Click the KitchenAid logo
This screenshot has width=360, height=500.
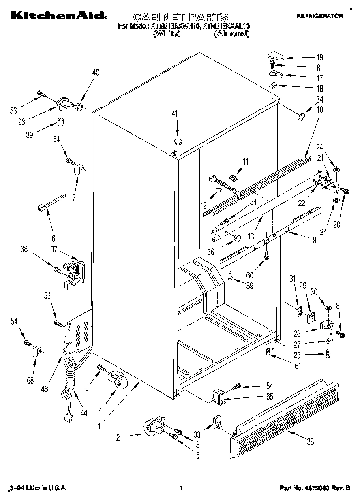click(59, 15)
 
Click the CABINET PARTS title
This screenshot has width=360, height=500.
click(180, 17)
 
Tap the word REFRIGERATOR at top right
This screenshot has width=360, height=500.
click(320, 16)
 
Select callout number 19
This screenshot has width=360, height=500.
click(320, 57)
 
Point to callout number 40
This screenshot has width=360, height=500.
click(96, 73)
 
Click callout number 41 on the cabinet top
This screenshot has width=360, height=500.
click(175, 114)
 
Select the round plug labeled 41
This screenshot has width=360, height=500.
click(178, 141)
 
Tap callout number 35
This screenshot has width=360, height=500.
click(310, 442)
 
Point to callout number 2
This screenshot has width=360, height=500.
click(118, 437)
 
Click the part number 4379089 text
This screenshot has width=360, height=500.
click(315, 488)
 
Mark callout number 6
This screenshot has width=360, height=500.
click(54, 239)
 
